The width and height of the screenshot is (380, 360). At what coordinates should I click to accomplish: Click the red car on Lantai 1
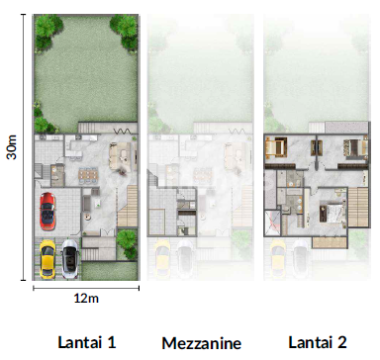(46, 211)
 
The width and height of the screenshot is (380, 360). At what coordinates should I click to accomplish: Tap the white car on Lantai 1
(69, 257)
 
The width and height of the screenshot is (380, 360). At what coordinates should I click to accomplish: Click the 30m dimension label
(11, 146)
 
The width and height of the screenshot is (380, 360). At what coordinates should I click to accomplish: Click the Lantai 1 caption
(87, 342)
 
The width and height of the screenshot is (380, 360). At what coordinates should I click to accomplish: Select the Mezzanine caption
(201, 343)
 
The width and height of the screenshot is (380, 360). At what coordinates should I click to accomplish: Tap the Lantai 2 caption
(317, 342)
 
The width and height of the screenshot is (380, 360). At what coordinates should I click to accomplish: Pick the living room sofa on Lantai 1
(120, 156)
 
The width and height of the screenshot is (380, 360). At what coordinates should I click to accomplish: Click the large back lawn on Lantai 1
(84, 74)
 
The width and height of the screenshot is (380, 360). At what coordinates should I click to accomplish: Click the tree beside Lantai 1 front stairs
(125, 240)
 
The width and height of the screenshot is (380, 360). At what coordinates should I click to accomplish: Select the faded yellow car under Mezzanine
(161, 256)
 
